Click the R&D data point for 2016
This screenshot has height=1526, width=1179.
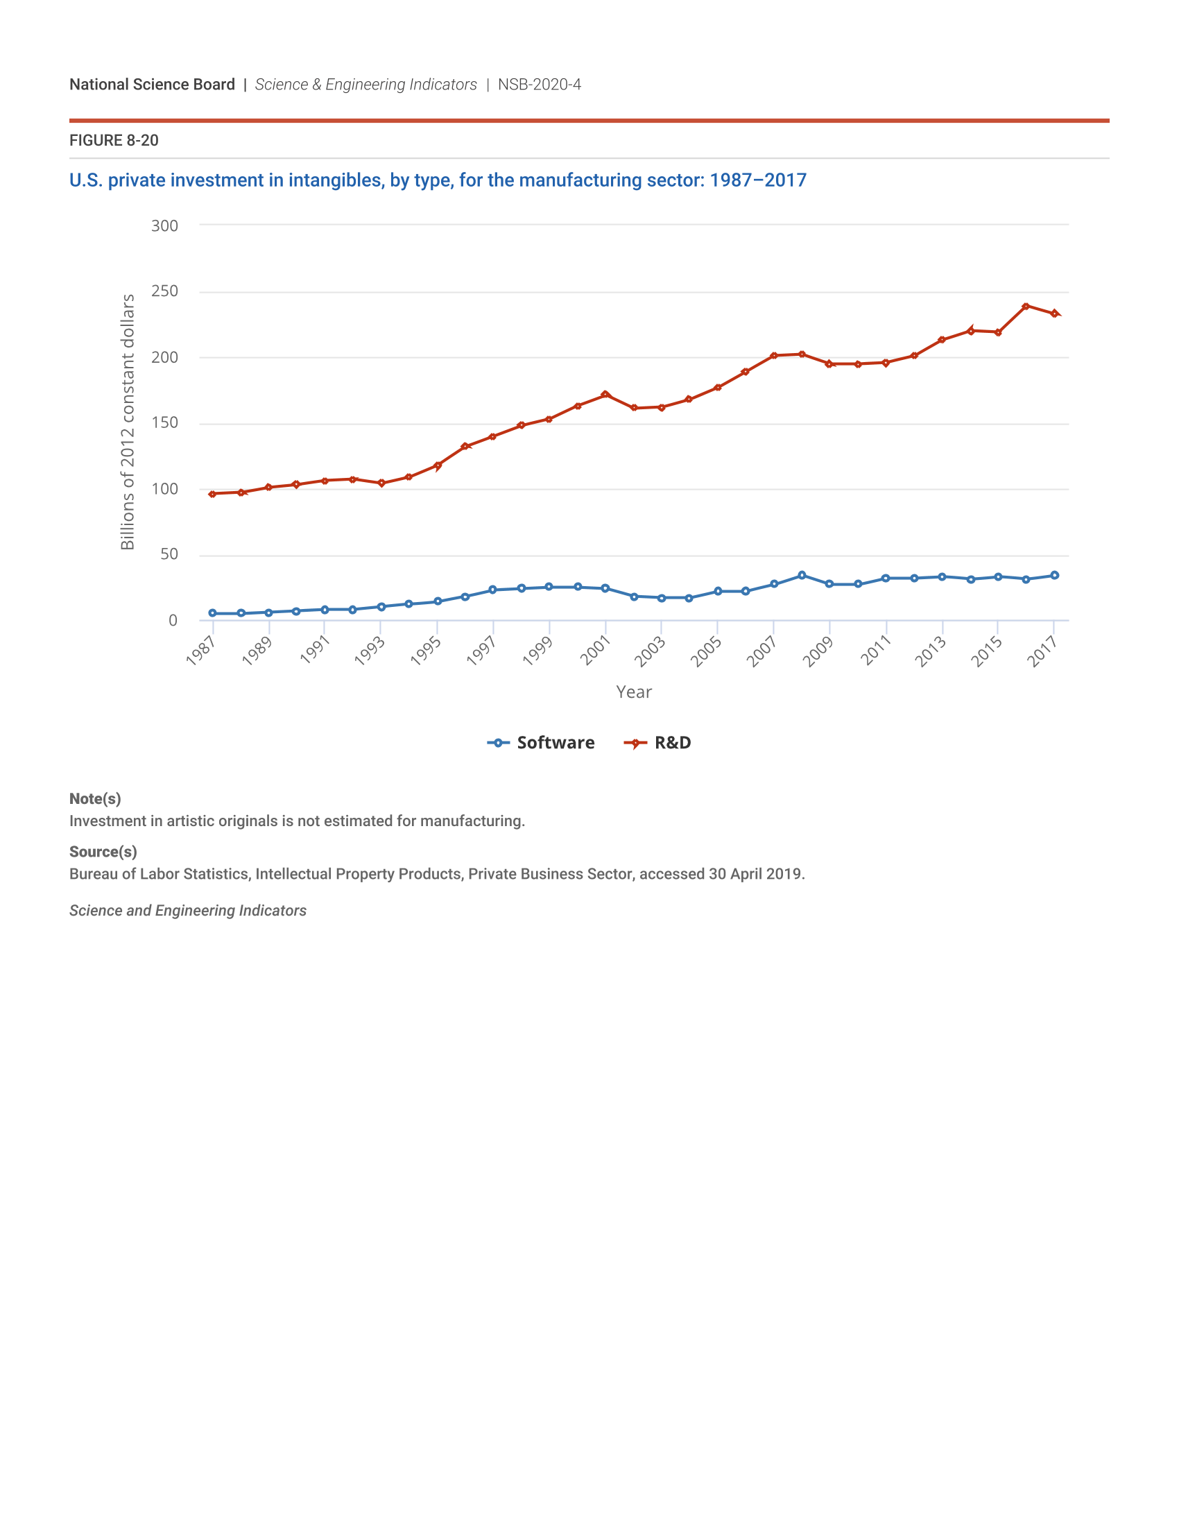point(1025,306)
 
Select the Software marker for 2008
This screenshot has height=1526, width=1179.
point(802,575)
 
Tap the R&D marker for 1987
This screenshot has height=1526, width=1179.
point(212,494)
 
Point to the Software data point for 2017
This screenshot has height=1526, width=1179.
point(1054,575)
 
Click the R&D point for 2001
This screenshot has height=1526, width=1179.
point(605,395)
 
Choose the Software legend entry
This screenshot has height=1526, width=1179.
point(542,743)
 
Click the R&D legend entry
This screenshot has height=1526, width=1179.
point(657,743)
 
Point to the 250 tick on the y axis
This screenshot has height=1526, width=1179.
point(165,291)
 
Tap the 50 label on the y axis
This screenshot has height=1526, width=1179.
point(169,554)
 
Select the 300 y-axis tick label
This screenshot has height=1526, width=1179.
point(165,225)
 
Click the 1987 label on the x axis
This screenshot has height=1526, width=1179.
point(201,651)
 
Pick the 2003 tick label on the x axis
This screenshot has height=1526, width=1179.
point(650,651)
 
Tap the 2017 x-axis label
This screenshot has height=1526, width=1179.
point(1042,651)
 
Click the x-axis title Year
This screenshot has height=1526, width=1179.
point(633,692)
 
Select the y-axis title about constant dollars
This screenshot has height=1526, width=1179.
point(127,422)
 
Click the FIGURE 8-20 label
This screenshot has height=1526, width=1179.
point(114,140)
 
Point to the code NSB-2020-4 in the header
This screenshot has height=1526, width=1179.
point(539,85)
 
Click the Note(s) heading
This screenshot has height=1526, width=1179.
point(95,798)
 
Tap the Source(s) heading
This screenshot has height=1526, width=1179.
point(103,852)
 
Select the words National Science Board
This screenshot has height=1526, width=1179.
point(153,85)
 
